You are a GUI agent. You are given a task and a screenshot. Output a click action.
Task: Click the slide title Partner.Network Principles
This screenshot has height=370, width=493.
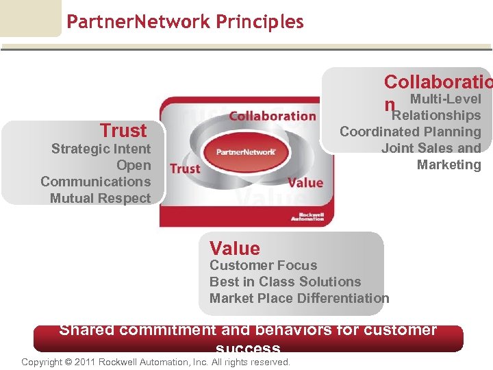[185, 22]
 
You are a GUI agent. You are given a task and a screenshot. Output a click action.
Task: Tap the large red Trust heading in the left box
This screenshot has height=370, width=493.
[123, 130]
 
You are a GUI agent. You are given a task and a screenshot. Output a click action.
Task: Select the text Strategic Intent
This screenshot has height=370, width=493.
[101, 149]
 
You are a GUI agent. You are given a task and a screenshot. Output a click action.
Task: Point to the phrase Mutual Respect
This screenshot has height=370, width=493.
[100, 198]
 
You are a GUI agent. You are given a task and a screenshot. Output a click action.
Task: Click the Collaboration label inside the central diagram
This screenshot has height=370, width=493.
[272, 116]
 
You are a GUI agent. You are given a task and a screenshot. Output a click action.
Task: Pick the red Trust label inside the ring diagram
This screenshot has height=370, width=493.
[185, 169]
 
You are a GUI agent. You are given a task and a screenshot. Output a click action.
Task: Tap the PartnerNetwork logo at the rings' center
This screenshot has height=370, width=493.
[246, 151]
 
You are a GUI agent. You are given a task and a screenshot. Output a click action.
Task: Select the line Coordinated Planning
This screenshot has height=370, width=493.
[410, 132]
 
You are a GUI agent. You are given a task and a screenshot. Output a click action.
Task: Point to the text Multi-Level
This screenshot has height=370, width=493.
[445, 99]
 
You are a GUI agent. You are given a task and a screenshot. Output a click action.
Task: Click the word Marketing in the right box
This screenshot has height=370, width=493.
[448, 164]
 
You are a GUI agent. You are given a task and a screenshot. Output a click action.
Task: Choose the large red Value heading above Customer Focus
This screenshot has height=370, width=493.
[235, 248]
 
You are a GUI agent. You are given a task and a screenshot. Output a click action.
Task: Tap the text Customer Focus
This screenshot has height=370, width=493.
[263, 265]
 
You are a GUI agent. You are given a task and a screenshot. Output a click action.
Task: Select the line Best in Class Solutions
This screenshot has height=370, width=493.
[285, 282]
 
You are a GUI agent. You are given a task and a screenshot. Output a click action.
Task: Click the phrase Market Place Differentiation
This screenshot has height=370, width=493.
[299, 298]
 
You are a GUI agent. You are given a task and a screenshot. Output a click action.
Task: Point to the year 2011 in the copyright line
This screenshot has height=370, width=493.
[85, 362]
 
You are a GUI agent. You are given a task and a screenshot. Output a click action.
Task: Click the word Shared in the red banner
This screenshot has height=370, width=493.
[87, 330]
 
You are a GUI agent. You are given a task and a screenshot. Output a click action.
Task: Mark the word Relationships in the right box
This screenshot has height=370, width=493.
[436, 115]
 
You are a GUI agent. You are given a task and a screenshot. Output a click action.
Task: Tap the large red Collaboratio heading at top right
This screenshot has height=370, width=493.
[437, 82]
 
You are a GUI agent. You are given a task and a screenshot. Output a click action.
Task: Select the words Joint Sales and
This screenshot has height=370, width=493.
[431, 148]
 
